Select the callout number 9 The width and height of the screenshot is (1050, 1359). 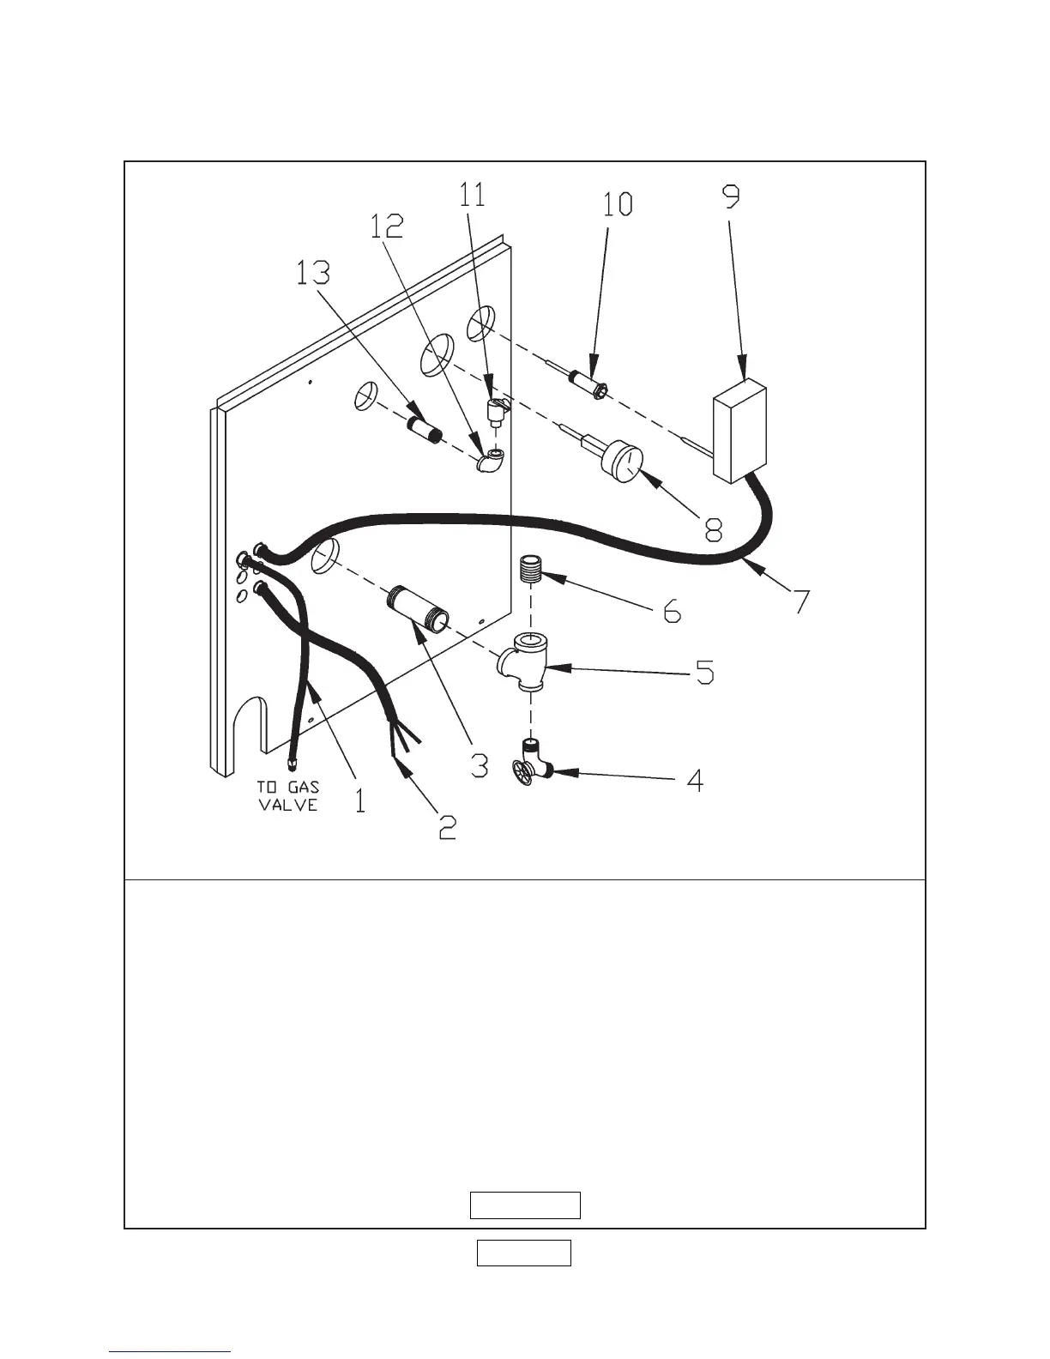tap(730, 197)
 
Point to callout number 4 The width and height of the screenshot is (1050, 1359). tap(695, 780)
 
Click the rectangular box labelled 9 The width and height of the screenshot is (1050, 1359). tap(739, 431)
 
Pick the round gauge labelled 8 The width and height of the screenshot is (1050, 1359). tap(623, 464)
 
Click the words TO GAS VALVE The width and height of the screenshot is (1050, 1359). tap(288, 795)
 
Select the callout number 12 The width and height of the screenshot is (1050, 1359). tap(387, 226)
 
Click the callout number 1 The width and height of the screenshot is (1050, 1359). tap(359, 800)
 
